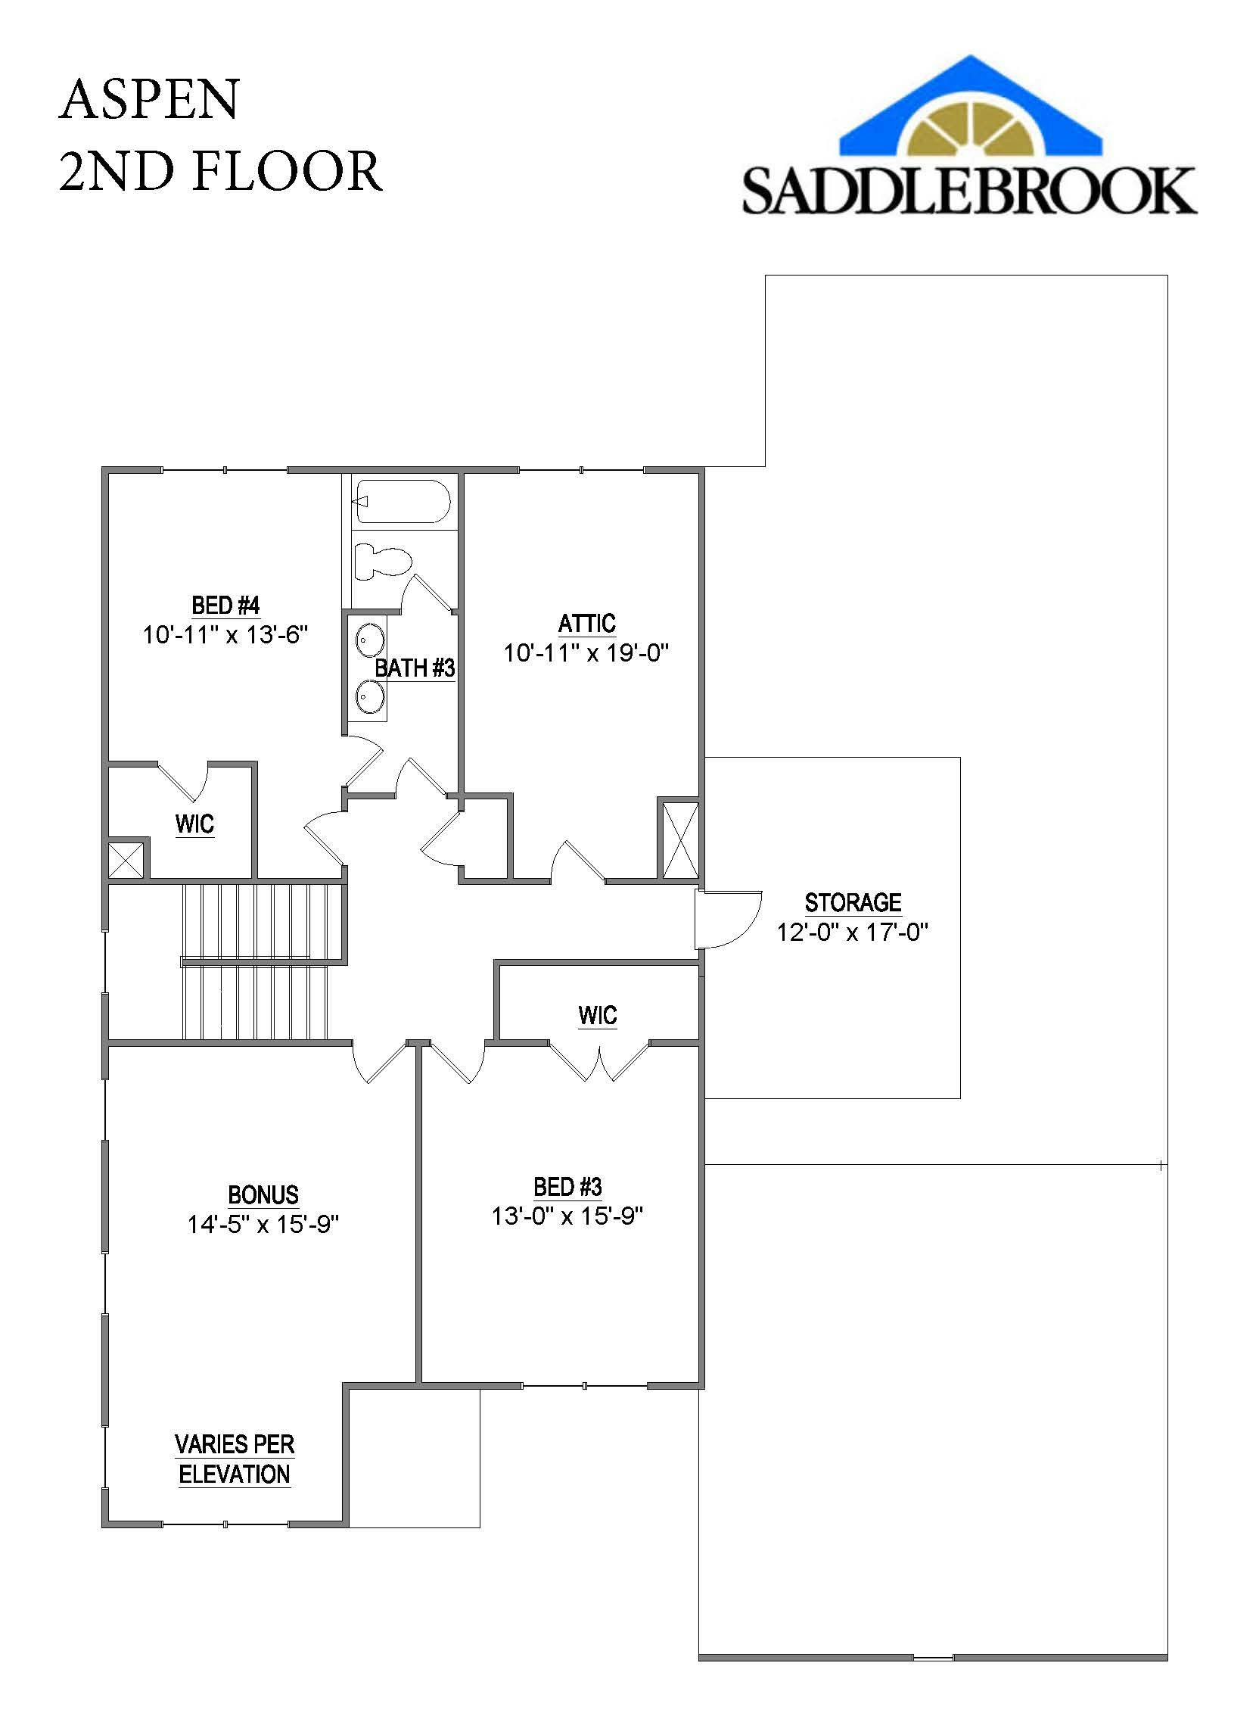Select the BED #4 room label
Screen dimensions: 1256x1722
pos(225,606)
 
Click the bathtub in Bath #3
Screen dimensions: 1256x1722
pos(403,501)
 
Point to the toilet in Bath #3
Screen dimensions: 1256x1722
pos(382,562)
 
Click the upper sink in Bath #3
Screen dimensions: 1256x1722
pos(368,640)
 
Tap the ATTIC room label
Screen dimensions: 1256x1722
pos(587,624)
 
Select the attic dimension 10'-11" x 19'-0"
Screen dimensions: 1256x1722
pos(586,652)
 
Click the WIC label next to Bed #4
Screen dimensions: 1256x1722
pos(194,824)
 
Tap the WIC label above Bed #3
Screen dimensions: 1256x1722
pos(598,1015)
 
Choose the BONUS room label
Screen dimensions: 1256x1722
pos(263,1195)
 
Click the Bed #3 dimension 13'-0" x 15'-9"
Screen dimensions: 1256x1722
pos(568,1216)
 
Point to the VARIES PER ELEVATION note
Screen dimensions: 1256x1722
pos(234,1459)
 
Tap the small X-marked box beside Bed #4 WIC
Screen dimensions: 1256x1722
pos(126,860)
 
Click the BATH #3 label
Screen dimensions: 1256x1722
pos(415,668)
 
